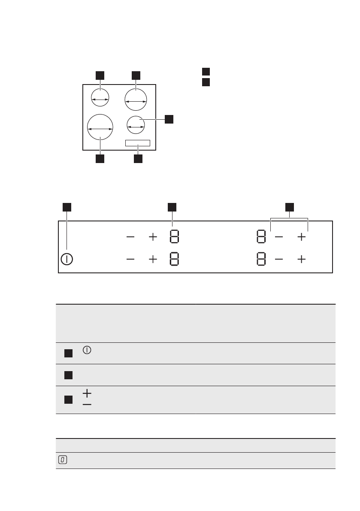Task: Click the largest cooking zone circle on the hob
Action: coord(100,128)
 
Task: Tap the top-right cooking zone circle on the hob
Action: coord(136,100)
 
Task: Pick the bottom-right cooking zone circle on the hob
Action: coord(136,125)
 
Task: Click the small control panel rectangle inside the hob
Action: coord(138,143)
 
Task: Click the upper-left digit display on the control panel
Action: coord(174,237)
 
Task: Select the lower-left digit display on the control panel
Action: coord(174,260)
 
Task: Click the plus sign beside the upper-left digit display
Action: coord(153,237)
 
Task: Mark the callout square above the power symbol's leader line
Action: coord(67,207)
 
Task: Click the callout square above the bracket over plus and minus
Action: coord(290,207)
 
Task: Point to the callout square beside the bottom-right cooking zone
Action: coord(169,119)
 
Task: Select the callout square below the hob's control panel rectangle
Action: coord(138,159)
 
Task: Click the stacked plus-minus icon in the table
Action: coord(88,399)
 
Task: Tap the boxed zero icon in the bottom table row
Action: coord(63,460)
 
